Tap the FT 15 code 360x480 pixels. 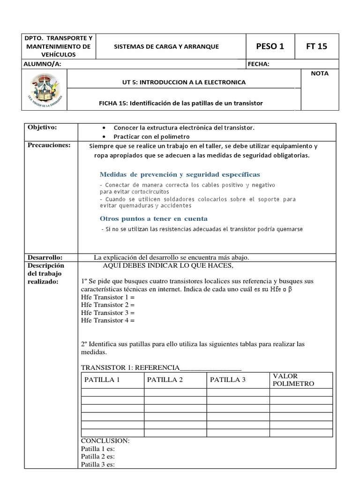pos(316,46)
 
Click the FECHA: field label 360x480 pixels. pos(259,64)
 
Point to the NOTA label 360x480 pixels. pos(319,74)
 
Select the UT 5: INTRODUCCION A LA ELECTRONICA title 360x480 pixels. pos(183,82)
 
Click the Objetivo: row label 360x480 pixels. pos(42,127)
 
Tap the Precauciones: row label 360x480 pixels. pos(49,145)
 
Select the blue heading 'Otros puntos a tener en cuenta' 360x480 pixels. pos(153,218)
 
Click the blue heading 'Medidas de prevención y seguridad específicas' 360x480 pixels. pos(180,174)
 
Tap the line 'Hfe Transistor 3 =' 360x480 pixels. pos(107,312)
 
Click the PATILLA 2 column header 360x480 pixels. pos(165,380)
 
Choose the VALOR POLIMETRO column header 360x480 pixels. pos(293,380)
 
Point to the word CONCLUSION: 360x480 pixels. pos(105,441)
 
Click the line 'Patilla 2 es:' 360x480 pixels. pos(97,456)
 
